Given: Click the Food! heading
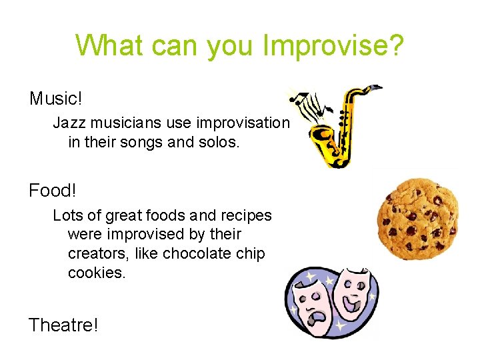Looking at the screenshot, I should (53, 191).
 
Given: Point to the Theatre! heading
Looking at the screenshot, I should (63, 325).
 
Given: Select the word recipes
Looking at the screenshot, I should (246, 216).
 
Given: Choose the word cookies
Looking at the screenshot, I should (96, 273).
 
